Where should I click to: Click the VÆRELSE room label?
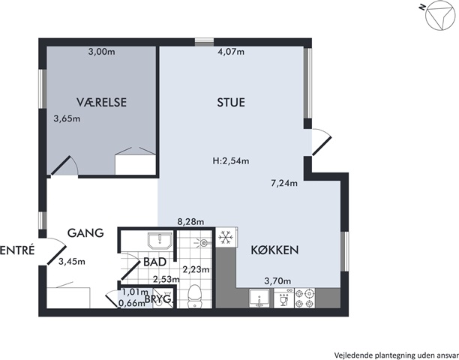pos(101,103)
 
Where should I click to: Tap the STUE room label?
pos(231,103)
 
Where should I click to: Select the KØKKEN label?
pos(274,250)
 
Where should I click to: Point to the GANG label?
pos(85,233)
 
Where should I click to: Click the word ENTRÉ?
pos(17,250)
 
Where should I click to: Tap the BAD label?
pos(154,262)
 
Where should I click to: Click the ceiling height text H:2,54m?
pos(231,160)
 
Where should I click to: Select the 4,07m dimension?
pos(231,52)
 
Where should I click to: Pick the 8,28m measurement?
pos(190,221)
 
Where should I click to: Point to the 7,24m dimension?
pos(284,183)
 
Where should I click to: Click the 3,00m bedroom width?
pos(101,52)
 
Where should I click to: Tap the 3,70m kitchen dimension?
pos(277,281)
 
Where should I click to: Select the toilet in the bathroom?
pos(193,295)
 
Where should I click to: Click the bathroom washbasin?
pos(160,241)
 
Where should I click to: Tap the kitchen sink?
pos(259,298)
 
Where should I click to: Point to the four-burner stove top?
pos(304,298)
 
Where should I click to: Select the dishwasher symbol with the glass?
pos(283,298)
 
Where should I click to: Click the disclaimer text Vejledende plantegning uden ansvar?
pos(397,355)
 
